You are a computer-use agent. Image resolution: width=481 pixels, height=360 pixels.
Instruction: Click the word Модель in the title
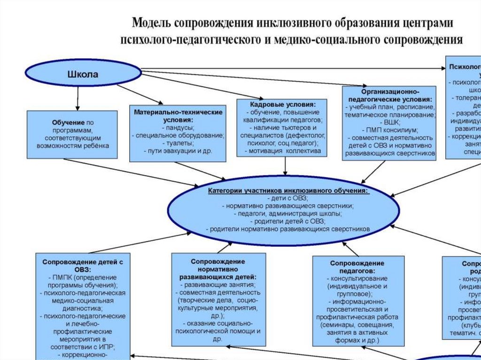coord(150,23)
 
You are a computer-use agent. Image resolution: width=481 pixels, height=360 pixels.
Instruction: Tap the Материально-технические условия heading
coord(178,116)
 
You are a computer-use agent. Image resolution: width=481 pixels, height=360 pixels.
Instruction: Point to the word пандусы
coord(178,127)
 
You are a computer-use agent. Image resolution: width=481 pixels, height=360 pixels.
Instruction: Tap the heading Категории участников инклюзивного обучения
coord(288,191)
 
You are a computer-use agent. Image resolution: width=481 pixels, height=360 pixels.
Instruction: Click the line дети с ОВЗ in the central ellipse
coord(288,199)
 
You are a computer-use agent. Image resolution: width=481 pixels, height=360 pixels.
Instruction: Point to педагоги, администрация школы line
coord(288,214)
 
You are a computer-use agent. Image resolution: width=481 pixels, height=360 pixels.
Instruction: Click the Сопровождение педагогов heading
coord(357,267)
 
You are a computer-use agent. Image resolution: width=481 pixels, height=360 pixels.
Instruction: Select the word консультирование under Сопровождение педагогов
coord(357,278)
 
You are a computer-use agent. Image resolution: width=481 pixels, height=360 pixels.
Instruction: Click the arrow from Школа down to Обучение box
coord(78,98)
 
